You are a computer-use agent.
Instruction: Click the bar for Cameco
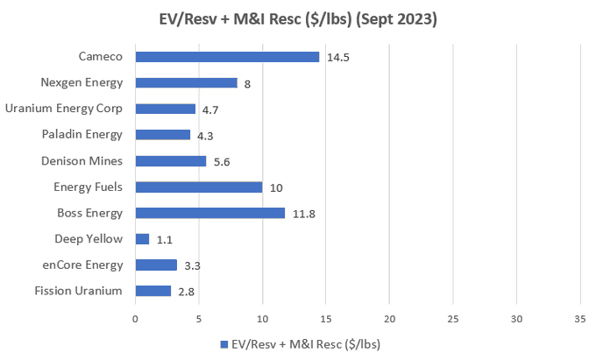click(x=227, y=57)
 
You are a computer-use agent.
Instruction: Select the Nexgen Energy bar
click(x=186, y=83)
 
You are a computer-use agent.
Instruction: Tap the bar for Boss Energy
click(x=210, y=213)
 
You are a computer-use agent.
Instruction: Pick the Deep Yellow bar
click(x=142, y=239)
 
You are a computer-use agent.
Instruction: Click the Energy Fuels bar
click(x=199, y=187)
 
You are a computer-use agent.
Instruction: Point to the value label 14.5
click(x=338, y=58)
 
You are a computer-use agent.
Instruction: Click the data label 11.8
click(x=304, y=215)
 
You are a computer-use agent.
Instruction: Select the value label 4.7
click(x=210, y=110)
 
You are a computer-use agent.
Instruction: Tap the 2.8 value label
click(x=186, y=292)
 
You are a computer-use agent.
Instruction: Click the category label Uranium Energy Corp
click(x=64, y=109)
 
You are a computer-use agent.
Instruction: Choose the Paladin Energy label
click(x=82, y=135)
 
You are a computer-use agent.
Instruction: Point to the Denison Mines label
click(x=82, y=161)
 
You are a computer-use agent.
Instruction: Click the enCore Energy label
click(x=82, y=265)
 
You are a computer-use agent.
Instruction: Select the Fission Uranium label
click(x=78, y=291)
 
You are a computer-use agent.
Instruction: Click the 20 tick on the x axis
click(x=390, y=319)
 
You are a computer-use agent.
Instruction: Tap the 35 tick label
click(x=580, y=319)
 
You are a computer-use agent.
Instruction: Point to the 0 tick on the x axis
click(x=135, y=319)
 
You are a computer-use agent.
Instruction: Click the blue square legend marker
click(x=224, y=344)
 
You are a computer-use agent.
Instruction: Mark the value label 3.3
click(x=192, y=265)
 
